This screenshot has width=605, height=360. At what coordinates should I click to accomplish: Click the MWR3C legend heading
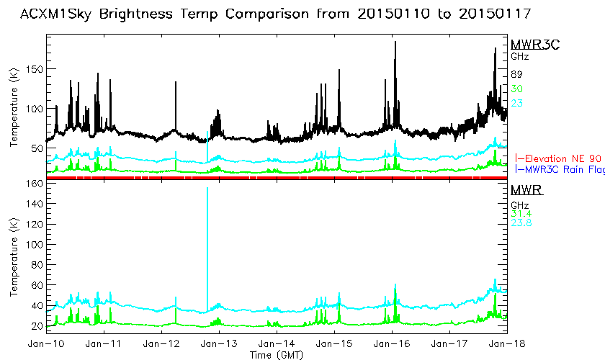coord(535,45)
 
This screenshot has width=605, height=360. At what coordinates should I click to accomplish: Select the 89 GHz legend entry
coord(516,74)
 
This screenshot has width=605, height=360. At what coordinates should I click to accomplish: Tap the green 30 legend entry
coord(516,89)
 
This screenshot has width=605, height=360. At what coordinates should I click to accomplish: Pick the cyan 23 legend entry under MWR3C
coord(516,103)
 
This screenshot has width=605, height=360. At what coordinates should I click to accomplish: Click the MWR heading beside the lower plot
coord(526,190)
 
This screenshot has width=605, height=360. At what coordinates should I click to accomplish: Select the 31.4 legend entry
coord(521,212)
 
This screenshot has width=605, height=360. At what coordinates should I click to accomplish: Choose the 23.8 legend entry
coord(521,222)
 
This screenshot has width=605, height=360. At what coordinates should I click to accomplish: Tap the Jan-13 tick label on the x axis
coord(219,345)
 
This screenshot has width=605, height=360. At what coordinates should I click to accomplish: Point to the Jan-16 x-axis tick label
coord(392,345)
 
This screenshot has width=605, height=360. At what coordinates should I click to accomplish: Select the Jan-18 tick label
coord(507,345)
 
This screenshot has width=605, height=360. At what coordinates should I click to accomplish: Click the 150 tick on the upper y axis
coord(34,69)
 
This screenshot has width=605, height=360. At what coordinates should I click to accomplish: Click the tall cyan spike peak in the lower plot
coord(207,189)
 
